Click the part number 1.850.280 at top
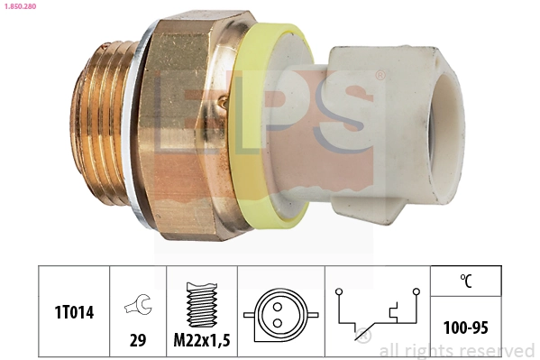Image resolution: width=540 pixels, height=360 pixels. [21, 7]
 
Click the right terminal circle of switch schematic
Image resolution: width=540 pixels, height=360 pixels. [416, 292]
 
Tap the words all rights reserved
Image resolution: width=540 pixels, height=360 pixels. [456, 351]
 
